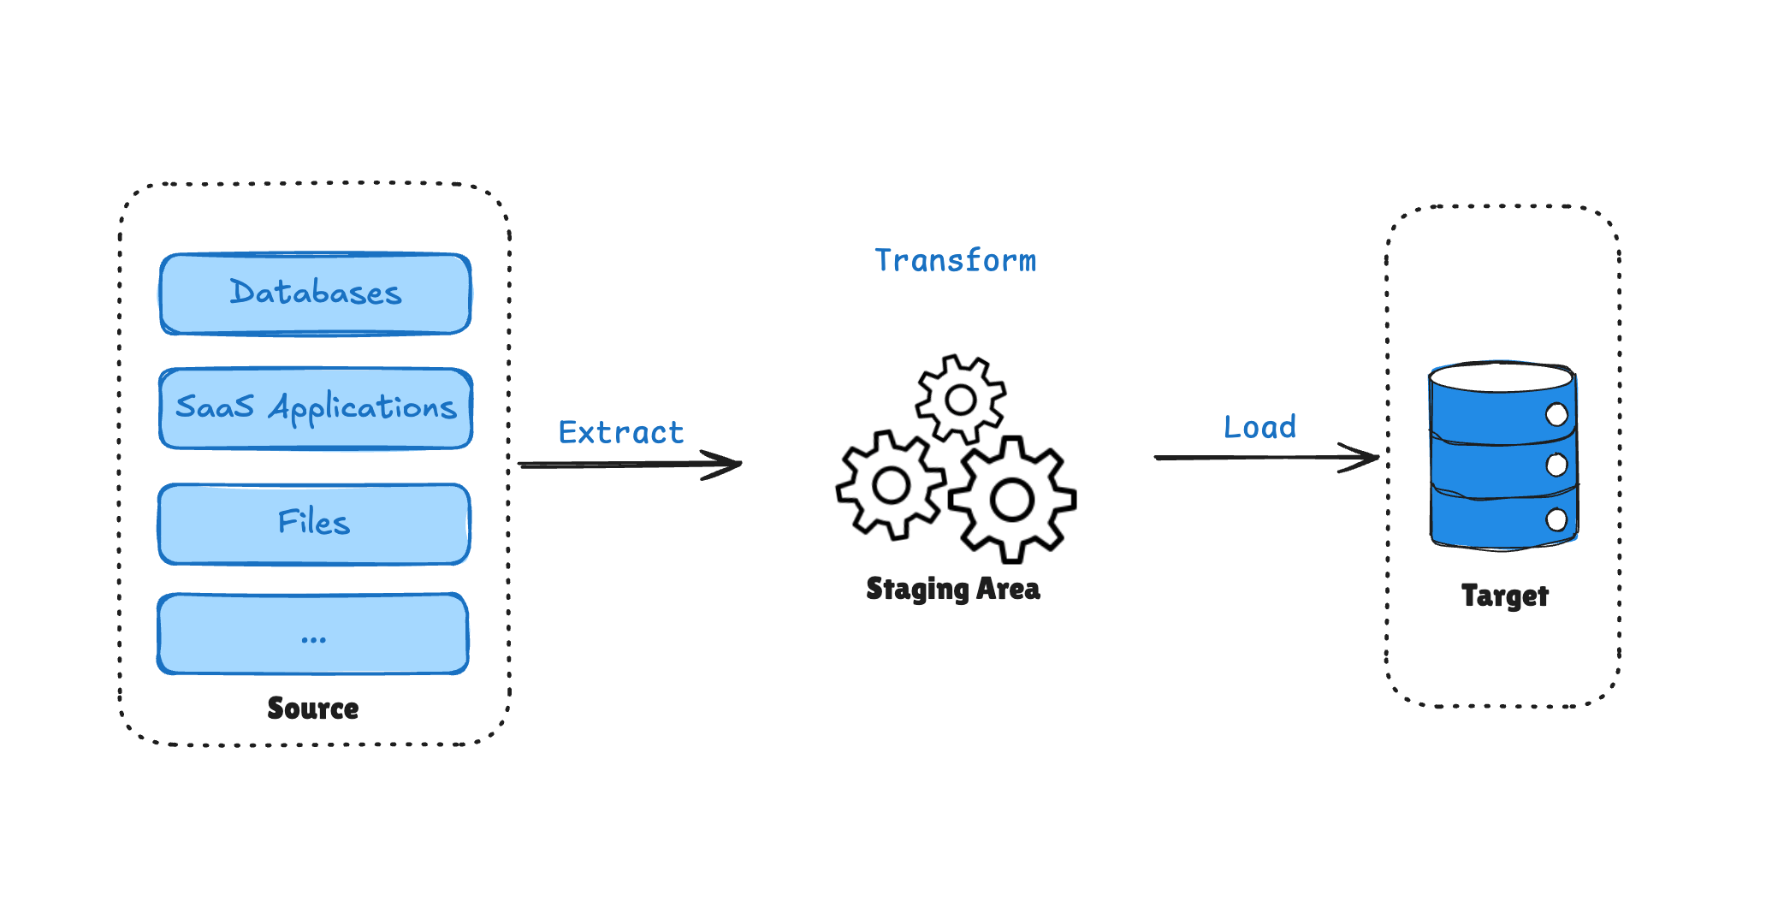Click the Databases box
click(x=315, y=293)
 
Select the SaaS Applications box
click(x=315, y=408)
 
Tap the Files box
click(x=314, y=524)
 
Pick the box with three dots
click(x=313, y=634)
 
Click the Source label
click(x=313, y=709)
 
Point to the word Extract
click(x=621, y=433)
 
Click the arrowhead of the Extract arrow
click(x=732, y=465)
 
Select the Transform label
click(x=955, y=261)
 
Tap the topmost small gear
click(x=960, y=400)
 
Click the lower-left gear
click(x=892, y=486)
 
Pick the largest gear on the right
click(x=1012, y=501)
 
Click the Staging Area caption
click(x=953, y=590)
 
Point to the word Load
click(x=1259, y=427)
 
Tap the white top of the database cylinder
click(x=1501, y=377)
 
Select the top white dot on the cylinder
click(x=1556, y=415)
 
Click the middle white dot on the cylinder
click(x=1556, y=465)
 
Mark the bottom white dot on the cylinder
click(x=1556, y=519)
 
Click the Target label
click(x=1504, y=596)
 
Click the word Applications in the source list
click(x=363, y=408)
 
